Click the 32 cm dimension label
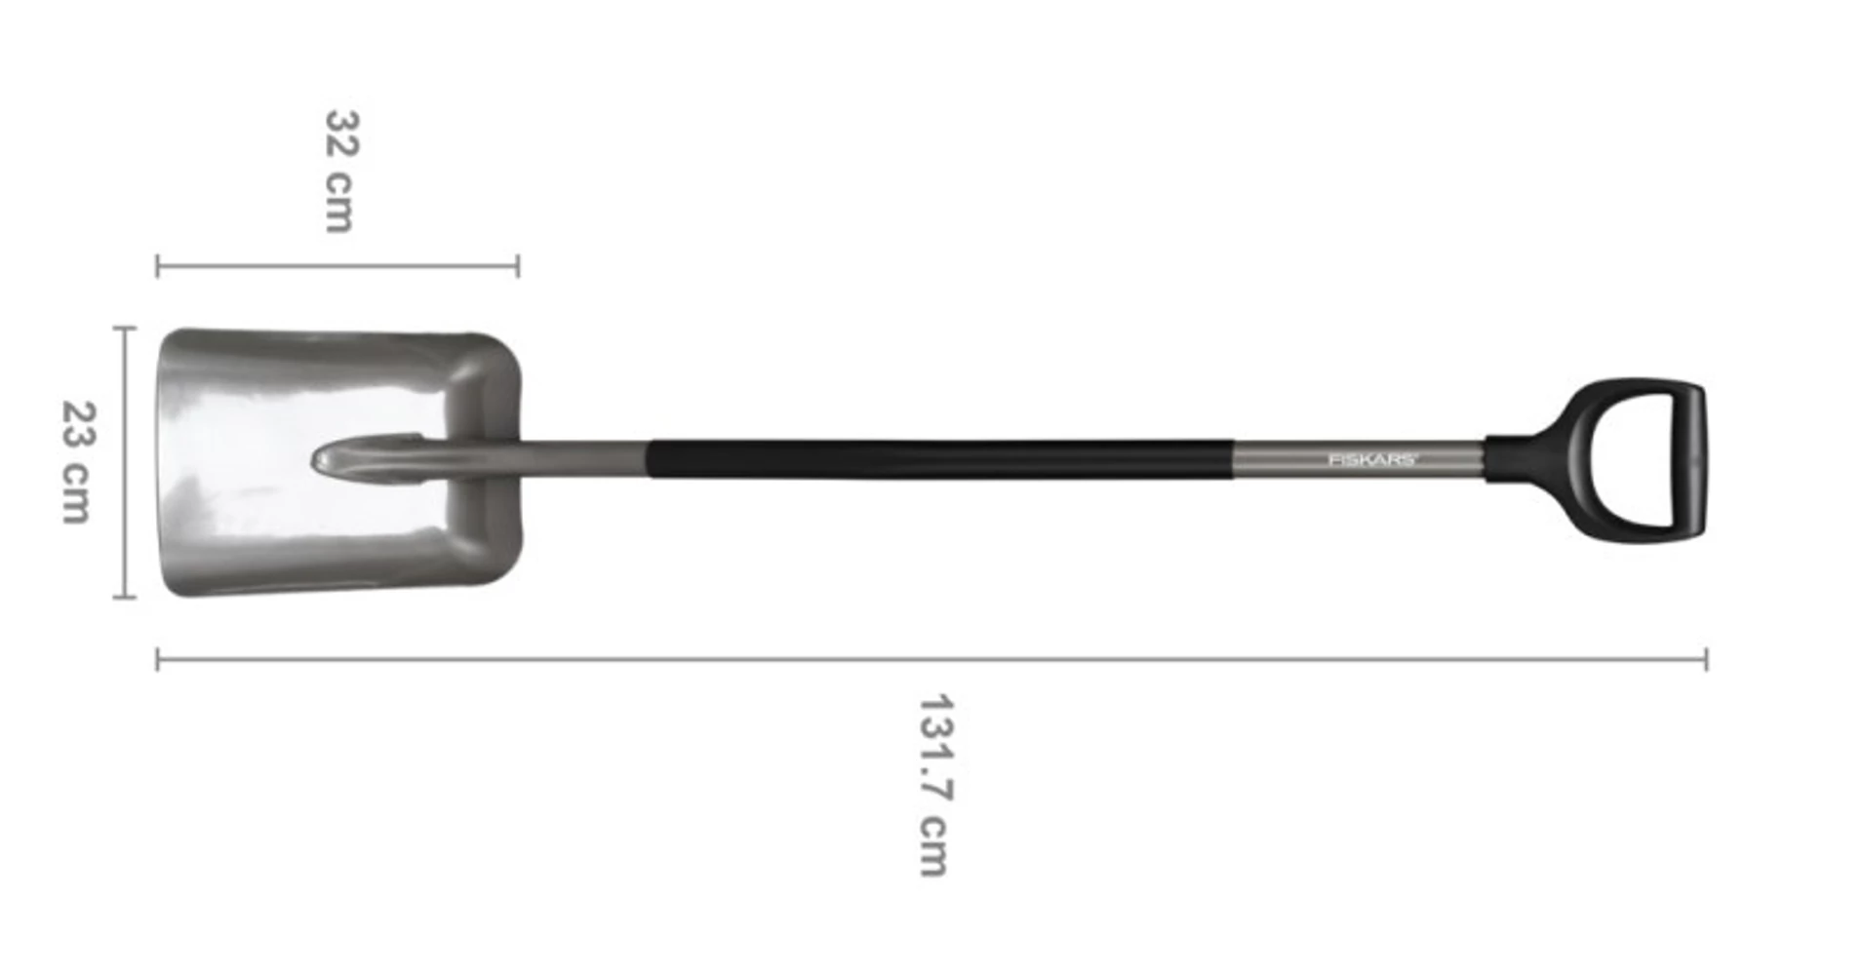341,172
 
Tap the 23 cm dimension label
78,461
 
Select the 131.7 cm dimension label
934,786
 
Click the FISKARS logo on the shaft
1370,459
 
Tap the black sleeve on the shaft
940,459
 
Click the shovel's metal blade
254,461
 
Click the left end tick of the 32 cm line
158,266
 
